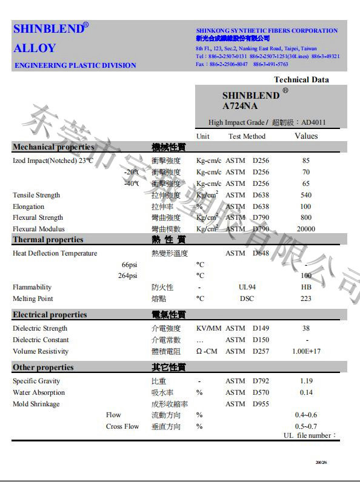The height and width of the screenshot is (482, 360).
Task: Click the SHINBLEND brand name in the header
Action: point(47,29)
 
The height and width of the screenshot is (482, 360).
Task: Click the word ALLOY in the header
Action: point(35,48)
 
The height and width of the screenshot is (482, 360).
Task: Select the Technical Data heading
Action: point(301,79)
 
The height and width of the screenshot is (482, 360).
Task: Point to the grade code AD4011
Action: point(313,122)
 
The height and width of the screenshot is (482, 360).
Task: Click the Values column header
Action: point(305,136)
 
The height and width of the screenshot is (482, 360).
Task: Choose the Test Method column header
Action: point(247,136)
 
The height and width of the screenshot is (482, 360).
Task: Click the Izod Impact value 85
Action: point(305,160)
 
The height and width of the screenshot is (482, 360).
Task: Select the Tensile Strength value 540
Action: point(305,195)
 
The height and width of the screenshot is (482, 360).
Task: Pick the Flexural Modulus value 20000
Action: point(305,229)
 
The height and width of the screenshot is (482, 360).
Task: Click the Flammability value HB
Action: point(305,287)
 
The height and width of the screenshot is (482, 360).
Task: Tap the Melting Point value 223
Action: point(305,299)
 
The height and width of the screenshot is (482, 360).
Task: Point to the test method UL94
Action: point(247,287)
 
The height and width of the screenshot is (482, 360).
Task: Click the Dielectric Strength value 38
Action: point(305,328)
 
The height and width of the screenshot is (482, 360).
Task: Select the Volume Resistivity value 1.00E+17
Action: point(305,351)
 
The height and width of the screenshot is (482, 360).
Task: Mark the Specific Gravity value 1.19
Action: point(305,381)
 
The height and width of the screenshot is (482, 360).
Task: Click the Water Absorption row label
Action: point(39,392)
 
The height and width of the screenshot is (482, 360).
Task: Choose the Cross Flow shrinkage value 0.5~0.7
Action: point(305,426)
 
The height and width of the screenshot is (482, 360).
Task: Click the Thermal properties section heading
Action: point(48,240)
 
